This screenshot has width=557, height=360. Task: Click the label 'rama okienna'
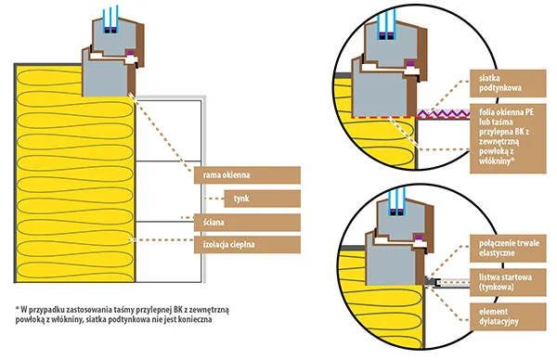click(x=247, y=175)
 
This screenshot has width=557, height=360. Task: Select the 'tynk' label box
click(x=262, y=199)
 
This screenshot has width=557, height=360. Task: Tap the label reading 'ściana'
click(x=247, y=223)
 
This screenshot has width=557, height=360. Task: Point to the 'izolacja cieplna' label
click(x=247, y=245)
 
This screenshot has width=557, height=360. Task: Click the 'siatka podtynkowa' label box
click(x=508, y=84)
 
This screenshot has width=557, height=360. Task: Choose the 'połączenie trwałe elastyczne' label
click(x=508, y=248)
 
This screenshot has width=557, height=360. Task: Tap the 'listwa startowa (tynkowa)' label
click(x=508, y=282)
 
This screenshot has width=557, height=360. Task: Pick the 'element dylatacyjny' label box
click(x=508, y=316)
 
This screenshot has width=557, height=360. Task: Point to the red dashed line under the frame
click(x=383, y=117)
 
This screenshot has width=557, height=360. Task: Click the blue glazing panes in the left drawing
click(x=110, y=19)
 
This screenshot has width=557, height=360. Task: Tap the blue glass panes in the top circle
click(x=386, y=25)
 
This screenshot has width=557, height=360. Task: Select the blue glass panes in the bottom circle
click(x=398, y=201)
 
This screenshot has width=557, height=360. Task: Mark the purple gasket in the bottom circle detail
click(x=420, y=238)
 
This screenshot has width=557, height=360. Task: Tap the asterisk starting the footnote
click(x=17, y=308)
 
